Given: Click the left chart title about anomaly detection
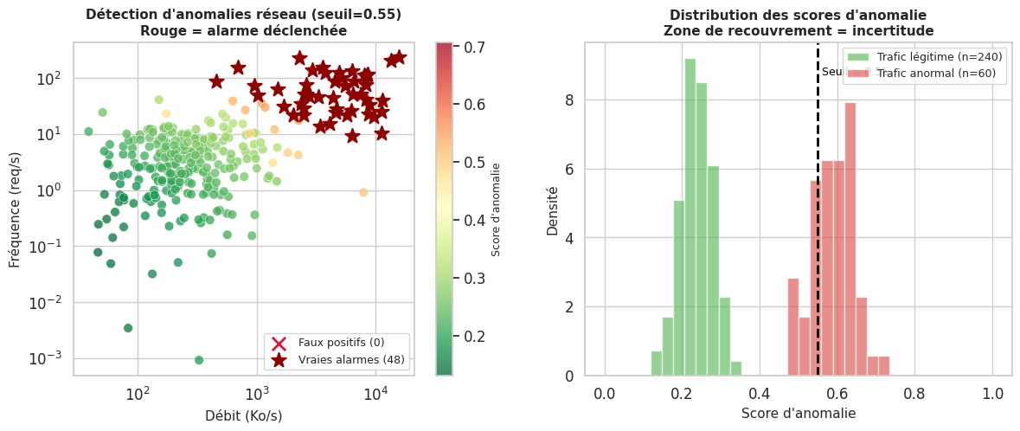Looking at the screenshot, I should pyautogui.click(x=243, y=23).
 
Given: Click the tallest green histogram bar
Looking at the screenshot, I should pyautogui.click(x=690, y=216).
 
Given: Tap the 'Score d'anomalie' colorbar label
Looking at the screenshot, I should pyautogui.click(x=497, y=209).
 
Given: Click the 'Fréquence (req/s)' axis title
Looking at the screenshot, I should pyautogui.click(x=15, y=209).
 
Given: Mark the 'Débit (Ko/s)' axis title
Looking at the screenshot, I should pyautogui.click(x=243, y=415).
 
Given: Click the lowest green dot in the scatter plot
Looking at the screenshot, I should pyautogui.click(x=199, y=360).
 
